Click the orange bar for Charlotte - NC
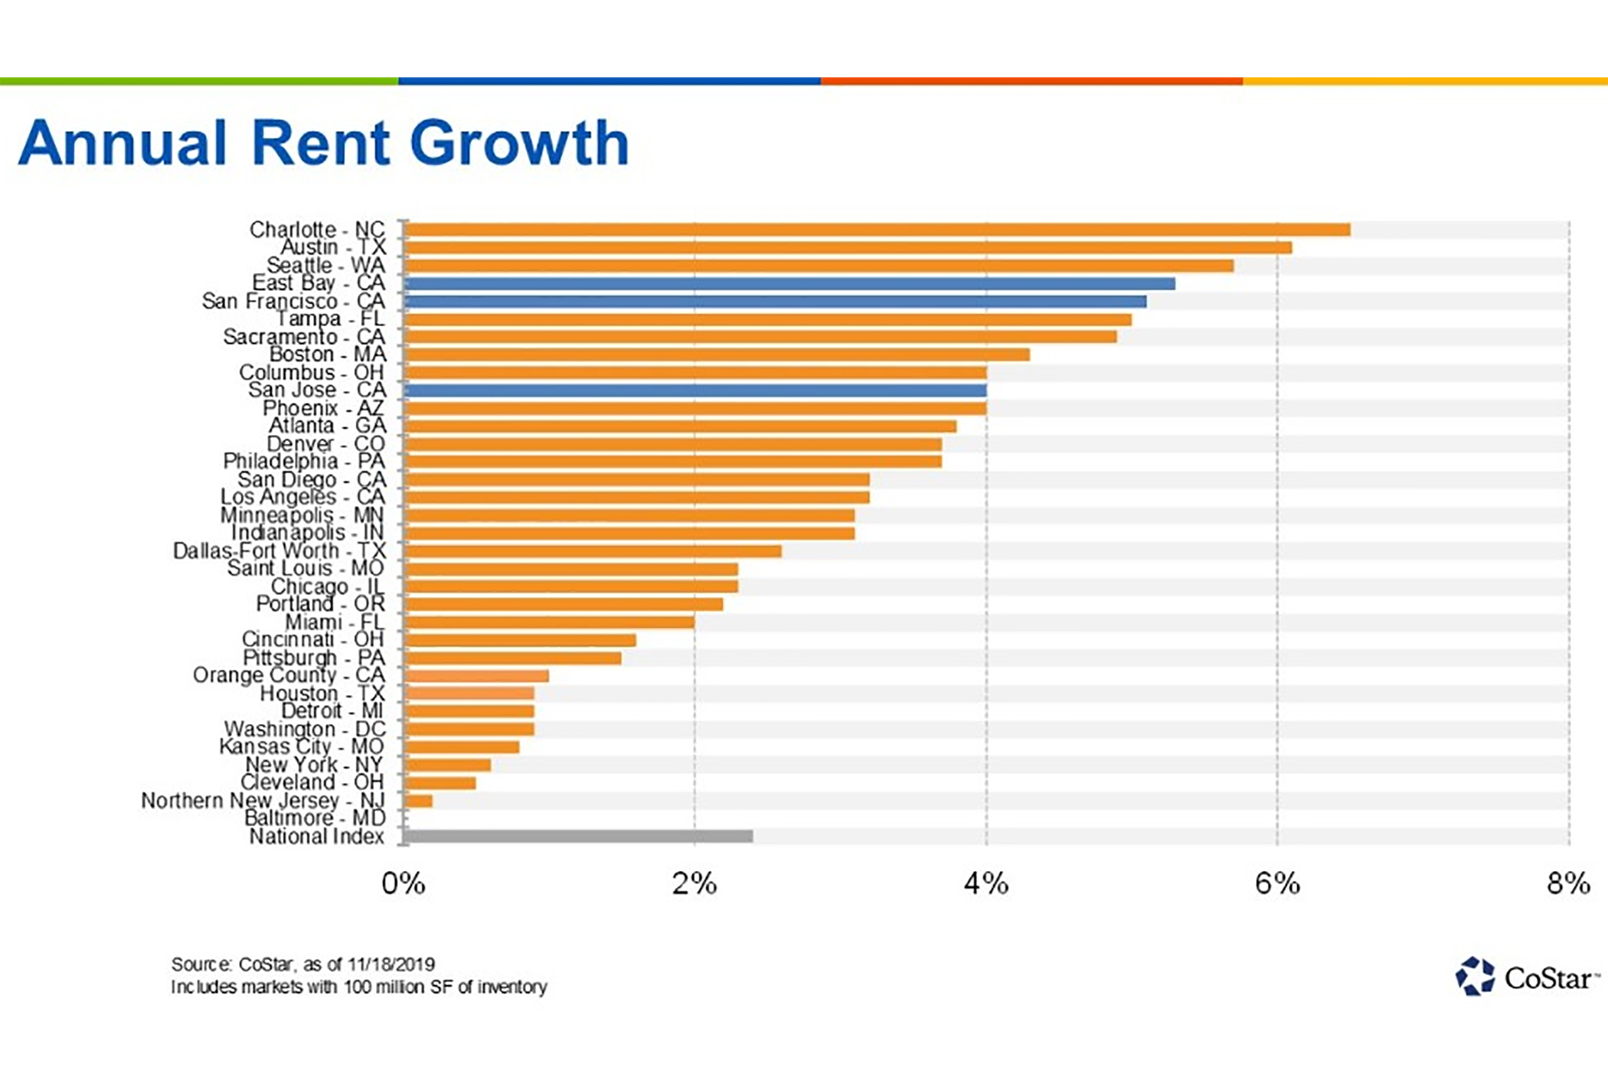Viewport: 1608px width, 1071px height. coord(877,230)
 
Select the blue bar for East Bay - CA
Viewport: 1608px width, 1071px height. coord(789,283)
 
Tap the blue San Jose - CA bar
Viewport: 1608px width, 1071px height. coord(695,390)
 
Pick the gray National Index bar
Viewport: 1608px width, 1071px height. coord(579,836)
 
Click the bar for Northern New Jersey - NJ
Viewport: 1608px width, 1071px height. coord(419,801)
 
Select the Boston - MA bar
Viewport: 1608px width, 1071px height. coord(717,354)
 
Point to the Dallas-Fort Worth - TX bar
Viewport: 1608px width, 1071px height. coord(593,551)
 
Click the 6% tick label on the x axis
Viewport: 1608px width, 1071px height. coord(1276,884)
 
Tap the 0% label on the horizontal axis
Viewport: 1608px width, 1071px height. coord(404,884)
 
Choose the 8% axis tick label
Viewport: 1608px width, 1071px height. coord(1567,884)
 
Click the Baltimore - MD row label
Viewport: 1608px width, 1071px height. coord(315,818)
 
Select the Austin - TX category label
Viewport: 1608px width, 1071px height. coord(333,247)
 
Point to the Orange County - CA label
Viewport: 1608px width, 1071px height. coord(289,675)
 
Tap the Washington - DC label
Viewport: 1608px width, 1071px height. coord(304,729)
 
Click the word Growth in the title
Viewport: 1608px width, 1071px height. coord(519,143)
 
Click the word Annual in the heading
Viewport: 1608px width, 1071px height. coord(123,143)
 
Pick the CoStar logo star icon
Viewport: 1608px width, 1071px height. coord(1474,977)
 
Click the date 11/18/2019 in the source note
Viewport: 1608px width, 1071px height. coord(391,965)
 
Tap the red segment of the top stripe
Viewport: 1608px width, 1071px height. coord(1031,81)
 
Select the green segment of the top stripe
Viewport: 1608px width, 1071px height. coord(199,81)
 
